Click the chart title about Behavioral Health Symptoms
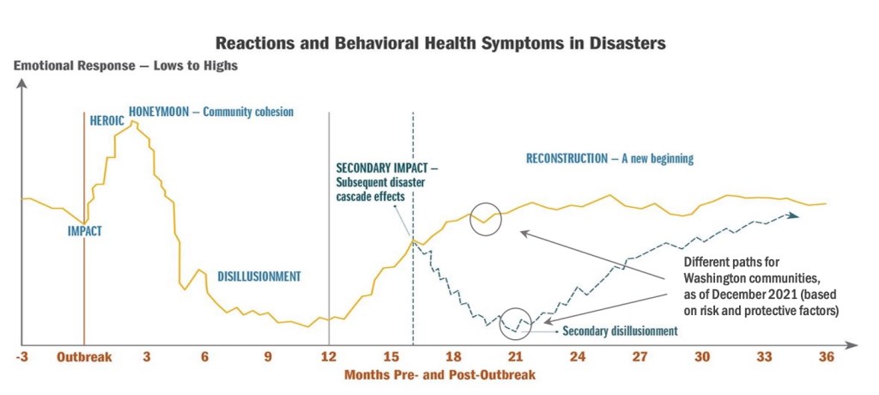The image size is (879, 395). click(440, 41)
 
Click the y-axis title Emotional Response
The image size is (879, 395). click(126, 65)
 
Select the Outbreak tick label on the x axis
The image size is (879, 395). click(84, 356)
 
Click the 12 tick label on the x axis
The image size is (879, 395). click(329, 356)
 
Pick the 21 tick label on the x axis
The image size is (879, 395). click(516, 356)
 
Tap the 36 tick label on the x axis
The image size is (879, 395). click(827, 356)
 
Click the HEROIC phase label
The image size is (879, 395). click(107, 121)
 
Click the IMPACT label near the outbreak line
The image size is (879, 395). click(84, 230)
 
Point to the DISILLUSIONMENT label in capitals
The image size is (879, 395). click(259, 276)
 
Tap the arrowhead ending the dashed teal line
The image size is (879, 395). click(796, 216)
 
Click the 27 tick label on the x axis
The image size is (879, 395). click(640, 356)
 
